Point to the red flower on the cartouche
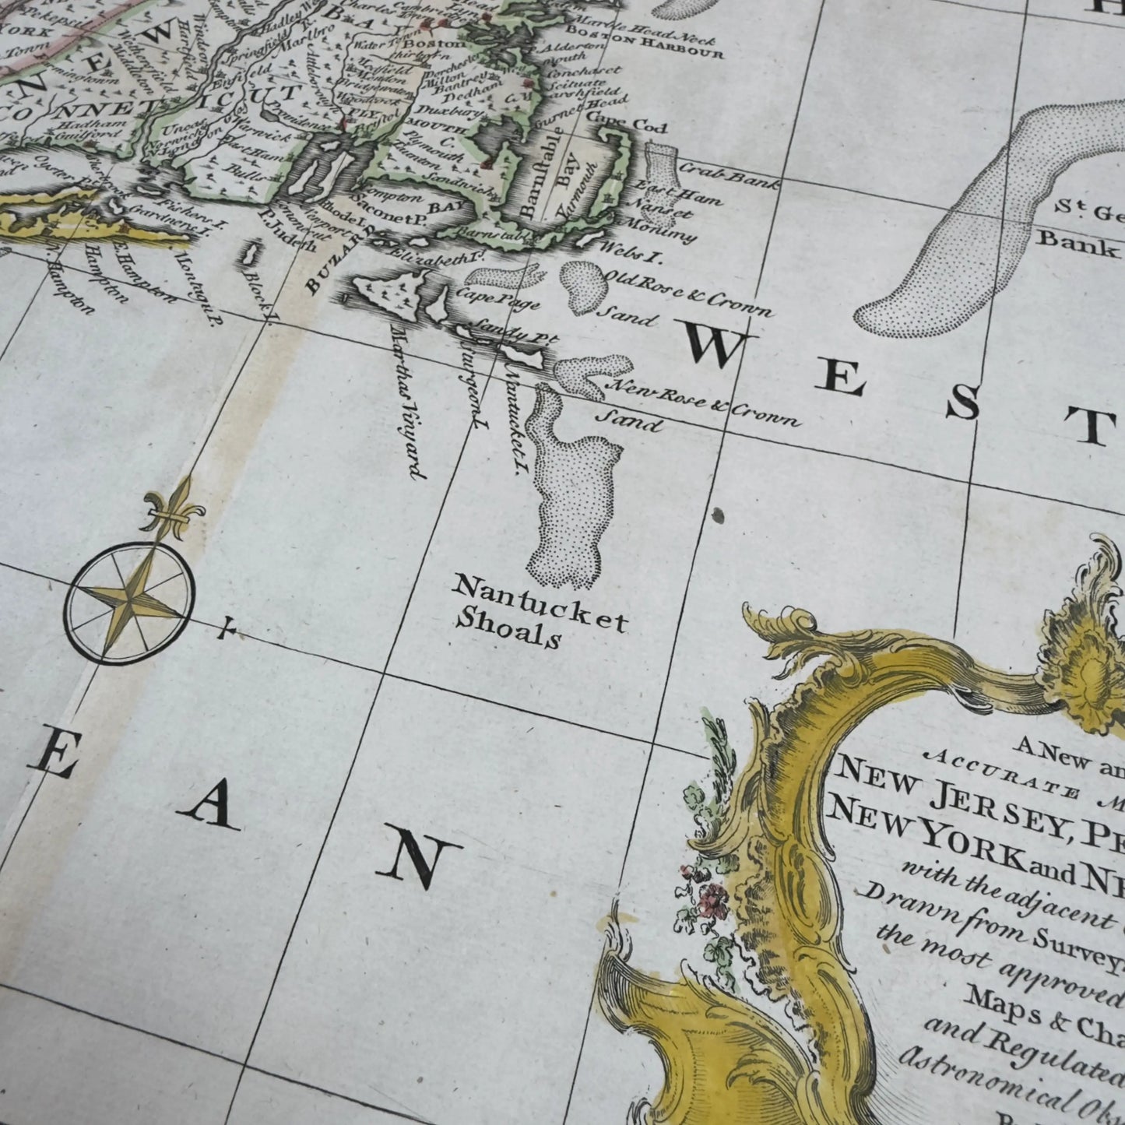(709, 901)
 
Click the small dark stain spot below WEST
(717, 514)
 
